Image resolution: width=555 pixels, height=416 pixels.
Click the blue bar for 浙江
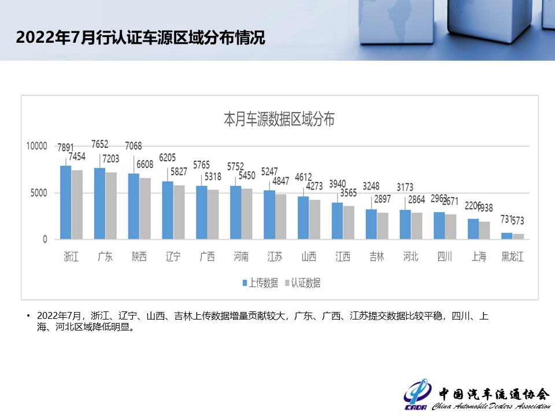pos(65,202)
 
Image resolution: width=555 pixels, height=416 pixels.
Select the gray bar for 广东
pos(110,206)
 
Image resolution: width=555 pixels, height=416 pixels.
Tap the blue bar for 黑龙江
pos(506,236)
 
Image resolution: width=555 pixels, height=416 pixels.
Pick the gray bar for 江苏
pos(280,217)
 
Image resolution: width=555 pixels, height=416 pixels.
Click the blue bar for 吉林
pos(371,224)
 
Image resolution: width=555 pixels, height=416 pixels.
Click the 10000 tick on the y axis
pos(36,146)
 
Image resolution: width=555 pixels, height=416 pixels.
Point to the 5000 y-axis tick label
pos(39,193)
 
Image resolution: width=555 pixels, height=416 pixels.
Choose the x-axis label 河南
pos(240,257)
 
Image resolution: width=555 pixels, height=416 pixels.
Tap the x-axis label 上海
pos(479,257)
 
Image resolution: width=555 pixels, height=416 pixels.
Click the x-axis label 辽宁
pos(173,257)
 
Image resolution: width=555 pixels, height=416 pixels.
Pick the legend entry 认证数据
pos(305,283)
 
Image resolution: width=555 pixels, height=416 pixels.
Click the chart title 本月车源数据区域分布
pos(279,120)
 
